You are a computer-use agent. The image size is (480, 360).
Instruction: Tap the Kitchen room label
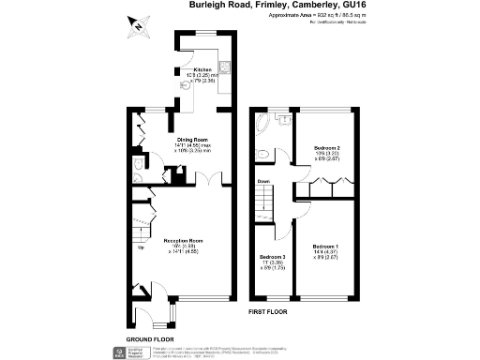click(203, 70)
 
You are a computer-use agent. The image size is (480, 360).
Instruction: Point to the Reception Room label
click(184, 241)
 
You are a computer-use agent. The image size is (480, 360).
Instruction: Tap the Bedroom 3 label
click(271, 256)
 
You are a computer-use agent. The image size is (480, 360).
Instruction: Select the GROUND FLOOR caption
click(150, 337)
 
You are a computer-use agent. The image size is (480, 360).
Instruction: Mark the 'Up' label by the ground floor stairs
click(141, 247)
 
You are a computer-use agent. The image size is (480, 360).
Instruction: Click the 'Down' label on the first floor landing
click(263, 182)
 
